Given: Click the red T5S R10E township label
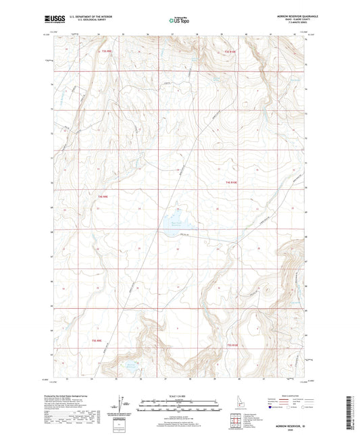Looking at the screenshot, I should click(233, 346).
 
